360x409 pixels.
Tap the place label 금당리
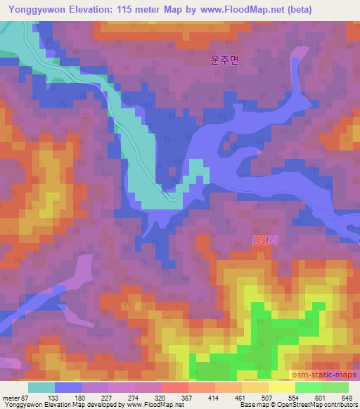coord(265,240)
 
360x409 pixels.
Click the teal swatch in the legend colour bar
coord(41,387)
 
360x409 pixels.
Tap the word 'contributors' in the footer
coord(340,405)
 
